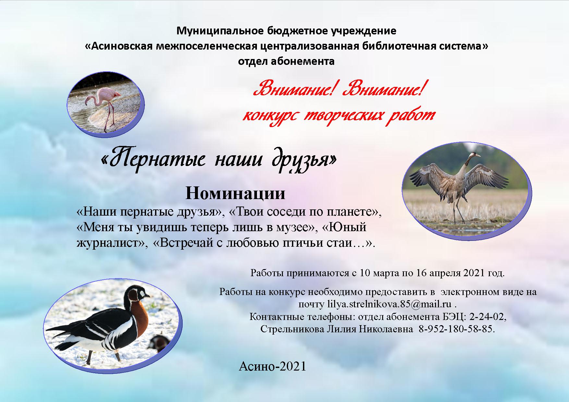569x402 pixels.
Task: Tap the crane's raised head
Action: pos(475,155)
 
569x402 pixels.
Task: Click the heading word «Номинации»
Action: pos(236,194)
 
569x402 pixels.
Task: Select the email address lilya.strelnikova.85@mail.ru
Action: pos(389,304)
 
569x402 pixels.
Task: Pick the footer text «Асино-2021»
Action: pos(272,366)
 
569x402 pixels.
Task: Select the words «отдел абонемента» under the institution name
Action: pos(286,61)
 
